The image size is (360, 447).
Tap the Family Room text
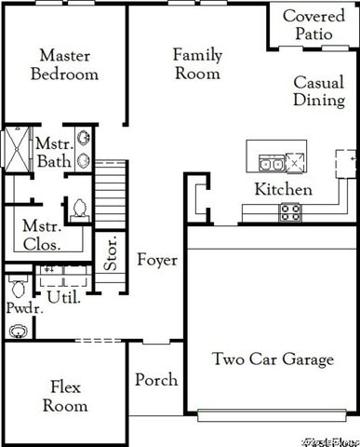pos(197,63)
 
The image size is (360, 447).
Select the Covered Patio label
pos(313,25)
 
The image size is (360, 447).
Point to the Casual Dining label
pos(319,91)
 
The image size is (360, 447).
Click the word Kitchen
pos(283,190)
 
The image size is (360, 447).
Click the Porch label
pos(156,380)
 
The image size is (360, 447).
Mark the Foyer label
pos(156,260)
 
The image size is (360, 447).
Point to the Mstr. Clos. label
pos(41,237)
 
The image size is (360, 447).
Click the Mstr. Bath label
pos(47,153)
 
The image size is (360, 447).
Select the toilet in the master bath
pos(80,207)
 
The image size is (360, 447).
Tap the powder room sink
pos(17,332)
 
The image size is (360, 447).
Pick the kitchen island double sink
pos(273,164)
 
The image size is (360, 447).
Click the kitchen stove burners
pos(290,212)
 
